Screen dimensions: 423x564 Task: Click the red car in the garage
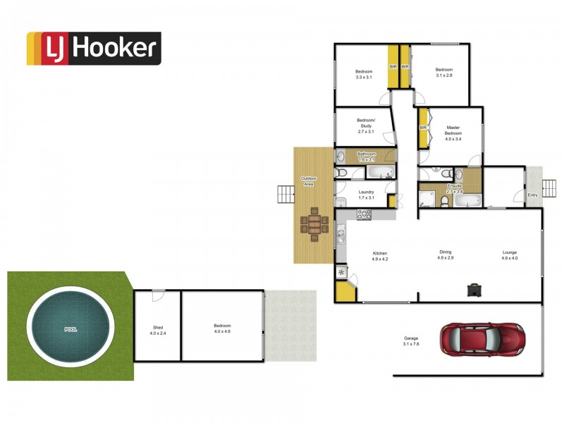pyautogui.click(x=482, y=339)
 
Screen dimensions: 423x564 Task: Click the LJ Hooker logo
pyautogui.click(x=94, y=49)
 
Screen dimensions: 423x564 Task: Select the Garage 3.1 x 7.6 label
pyautogui.click(x=411, y=341)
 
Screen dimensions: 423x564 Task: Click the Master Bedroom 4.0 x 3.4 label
pyautogui.click(x=453, y=133)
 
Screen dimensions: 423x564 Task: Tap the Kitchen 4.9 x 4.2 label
pyautogui.click(x=380, y=256)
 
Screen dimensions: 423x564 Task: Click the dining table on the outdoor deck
pyautogui.click(x=314, y=224)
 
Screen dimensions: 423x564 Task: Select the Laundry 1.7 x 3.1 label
pyautogui.click(x=366, y=195)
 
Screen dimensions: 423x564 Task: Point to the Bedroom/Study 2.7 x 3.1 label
pyautogui.click(x=366, y=125)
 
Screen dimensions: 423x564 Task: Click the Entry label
pyautogui.click(x=532, y=195)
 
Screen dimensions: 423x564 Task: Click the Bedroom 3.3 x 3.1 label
pyautogui.click(x=364, y=74)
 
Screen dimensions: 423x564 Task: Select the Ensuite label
pyautogui.click(x=454, y=188)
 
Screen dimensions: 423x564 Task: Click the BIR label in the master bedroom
pyautogui.click(x=423, y=128)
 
